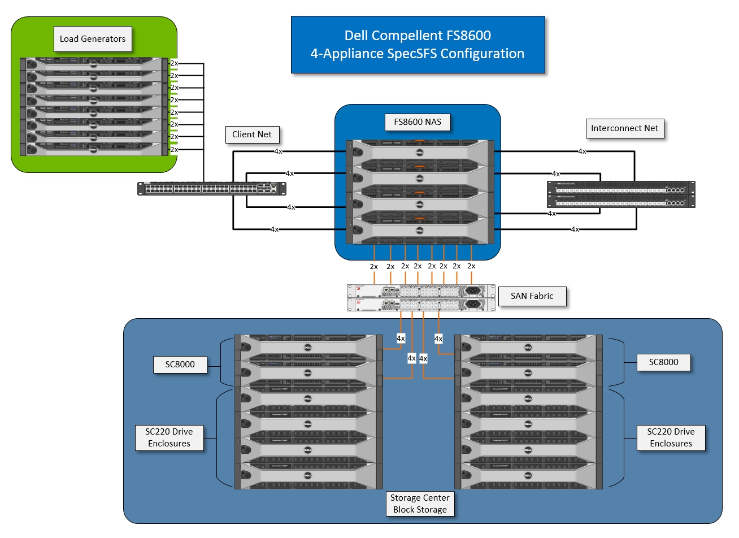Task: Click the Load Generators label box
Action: click(93, 39)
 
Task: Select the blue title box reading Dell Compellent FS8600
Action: click(418, 45)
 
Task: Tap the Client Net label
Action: click(252, 134)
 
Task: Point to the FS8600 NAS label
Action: click(418, 122)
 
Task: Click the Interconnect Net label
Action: click(624, 128)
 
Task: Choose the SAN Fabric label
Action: click(532, 296)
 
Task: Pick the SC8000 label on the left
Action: click(180, 365)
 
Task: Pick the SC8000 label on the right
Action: click(663, 362)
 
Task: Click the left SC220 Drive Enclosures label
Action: click(169, 437)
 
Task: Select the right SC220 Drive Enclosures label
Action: click(671, 437)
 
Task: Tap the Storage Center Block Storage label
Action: click(420, 504)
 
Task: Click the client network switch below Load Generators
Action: click(212, 189)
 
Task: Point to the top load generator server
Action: click(94, 63)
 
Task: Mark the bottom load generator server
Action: click(94, 149)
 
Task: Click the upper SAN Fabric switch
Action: click(421, 290)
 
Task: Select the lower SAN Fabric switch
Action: click(421, 305)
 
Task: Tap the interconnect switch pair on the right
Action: click(621, 194)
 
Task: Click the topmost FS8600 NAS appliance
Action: click(420, 153)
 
